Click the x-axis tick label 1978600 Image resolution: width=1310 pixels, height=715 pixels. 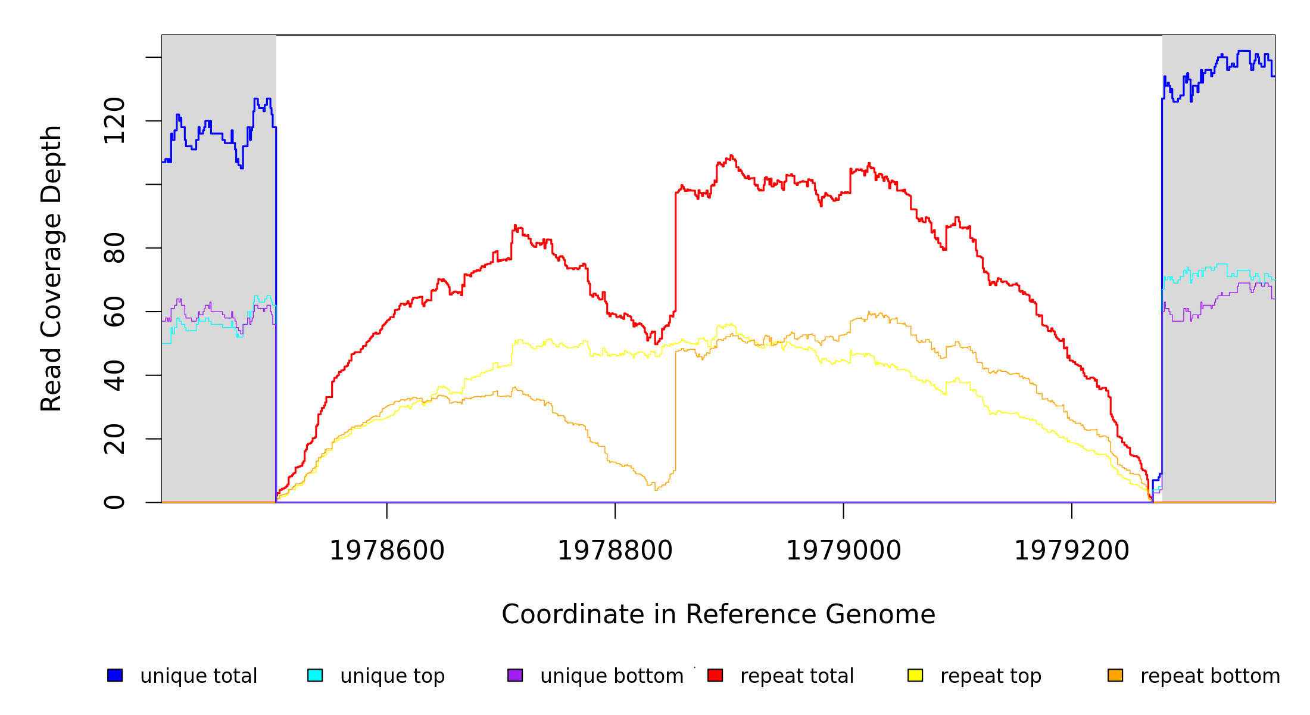tap(386, 551)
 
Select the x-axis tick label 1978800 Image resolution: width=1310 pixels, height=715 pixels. tap(615, 551)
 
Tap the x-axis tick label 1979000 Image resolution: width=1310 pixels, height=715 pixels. tap(843, 551)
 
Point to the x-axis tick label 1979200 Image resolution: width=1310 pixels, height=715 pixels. tap(1071, 551)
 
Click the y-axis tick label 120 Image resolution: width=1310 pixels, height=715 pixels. tap(114, 121)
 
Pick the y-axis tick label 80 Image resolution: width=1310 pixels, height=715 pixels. tap(114, 248)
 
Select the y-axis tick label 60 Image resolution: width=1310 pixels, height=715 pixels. tap(114, 312)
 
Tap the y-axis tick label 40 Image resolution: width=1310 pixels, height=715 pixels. tap(114, 375)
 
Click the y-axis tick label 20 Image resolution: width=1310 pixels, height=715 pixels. tap(114, 439)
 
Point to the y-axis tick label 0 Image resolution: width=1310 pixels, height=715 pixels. tap(114, 502)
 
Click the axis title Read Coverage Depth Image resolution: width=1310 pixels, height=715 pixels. tap(51, 268)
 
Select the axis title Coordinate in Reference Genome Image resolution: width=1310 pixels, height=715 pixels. tap(718, 614)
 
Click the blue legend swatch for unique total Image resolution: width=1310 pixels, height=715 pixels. tap(115, 675)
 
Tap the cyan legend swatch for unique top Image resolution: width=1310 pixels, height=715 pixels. tap(315, 675)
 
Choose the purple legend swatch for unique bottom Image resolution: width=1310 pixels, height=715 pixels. tap(515, 675)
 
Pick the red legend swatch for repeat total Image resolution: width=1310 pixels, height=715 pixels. tap(715, 675)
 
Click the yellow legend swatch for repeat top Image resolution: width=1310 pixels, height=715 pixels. tap(915, 675)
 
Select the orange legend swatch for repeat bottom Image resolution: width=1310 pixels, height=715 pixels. tap(1115, 675)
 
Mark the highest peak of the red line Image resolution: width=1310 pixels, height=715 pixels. tap(731, 156)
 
